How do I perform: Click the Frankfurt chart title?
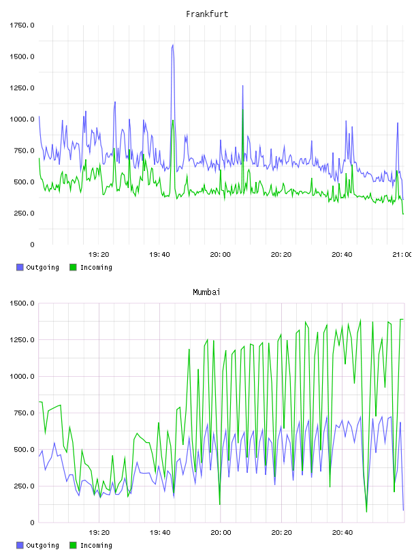click(x=207, y=14)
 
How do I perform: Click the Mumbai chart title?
click(x=206, y=292)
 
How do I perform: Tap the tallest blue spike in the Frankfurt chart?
click(x=173, y=45)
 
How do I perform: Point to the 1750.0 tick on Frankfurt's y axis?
click(x=22, y=25)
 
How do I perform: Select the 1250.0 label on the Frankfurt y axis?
click(x=22, y=88)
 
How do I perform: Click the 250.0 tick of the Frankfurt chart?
click(x=24, y=213)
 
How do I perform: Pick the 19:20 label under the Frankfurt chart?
click(x=99, y=254)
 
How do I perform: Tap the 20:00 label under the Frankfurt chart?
click(x=220, y=254)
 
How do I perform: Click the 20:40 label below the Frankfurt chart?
click(x=342, y=254)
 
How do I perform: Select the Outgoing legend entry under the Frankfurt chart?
click(x=37, y=267)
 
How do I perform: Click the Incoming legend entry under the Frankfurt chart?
click(x=91, y=267)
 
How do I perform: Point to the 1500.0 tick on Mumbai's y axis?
click(x=22, y=303)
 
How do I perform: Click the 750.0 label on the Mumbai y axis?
click(x=24, y=413)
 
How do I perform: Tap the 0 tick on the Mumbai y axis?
click(x=32, y=523)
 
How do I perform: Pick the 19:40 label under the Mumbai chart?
click(x=160, y=532)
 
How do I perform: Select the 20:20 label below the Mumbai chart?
click(x=281, y=532)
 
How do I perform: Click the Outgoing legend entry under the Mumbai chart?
click(x=37, y=545)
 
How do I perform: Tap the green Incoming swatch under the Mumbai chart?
click(x=73, y=545)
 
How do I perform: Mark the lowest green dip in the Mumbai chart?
click(x=366, y=512)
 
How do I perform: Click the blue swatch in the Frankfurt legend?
click(x=20, y=267)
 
